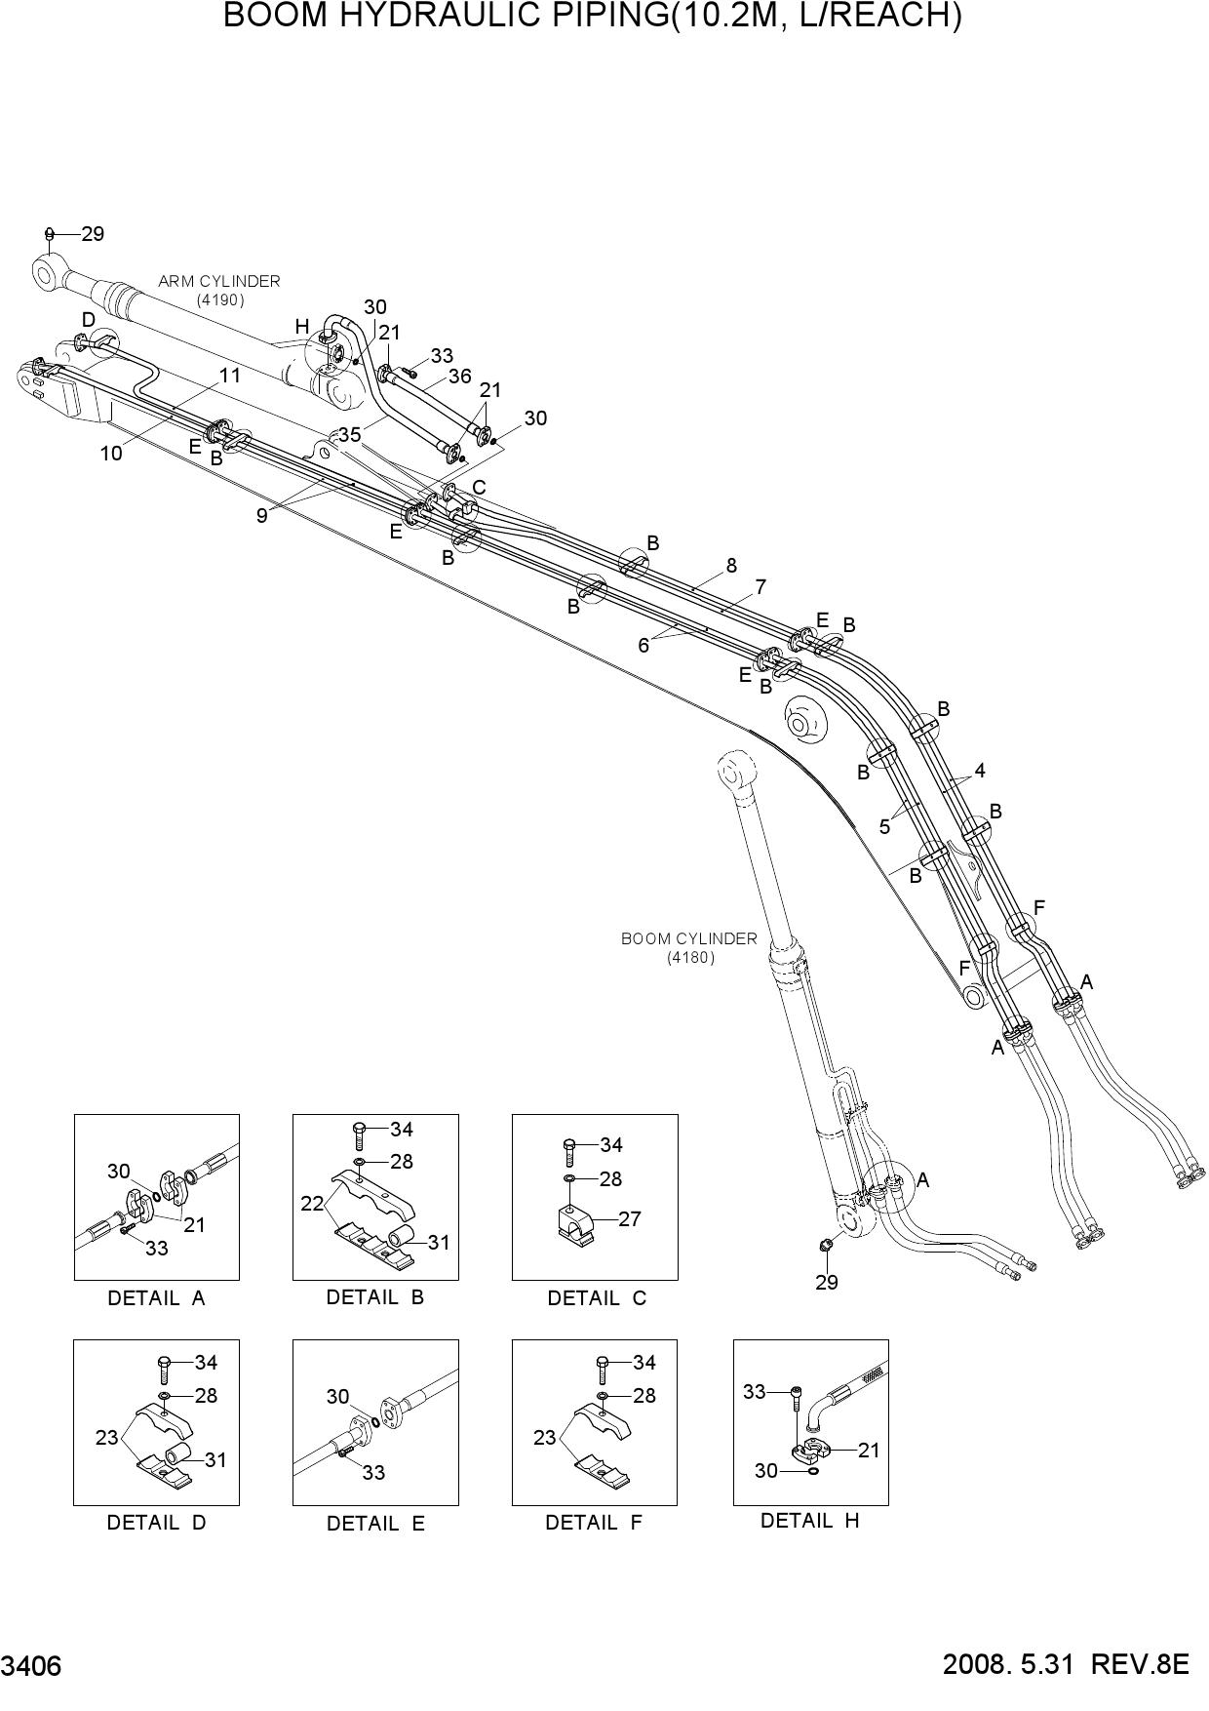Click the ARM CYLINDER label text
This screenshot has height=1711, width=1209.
coord(219,281)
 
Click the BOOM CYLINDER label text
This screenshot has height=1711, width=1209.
coord(689,938)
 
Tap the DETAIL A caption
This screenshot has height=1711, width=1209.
coord(157,1298)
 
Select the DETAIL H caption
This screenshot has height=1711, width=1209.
coord(810,1520)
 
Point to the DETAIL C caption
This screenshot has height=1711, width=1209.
coord(597,1298)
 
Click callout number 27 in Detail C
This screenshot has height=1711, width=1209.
coord(630,1218)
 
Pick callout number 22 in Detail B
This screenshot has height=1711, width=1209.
coord(312,1204)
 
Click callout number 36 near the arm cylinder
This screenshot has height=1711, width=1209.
coord(459,376)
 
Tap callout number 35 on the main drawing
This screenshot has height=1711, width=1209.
coord(350,434)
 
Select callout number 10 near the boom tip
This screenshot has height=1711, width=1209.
coord(111,453)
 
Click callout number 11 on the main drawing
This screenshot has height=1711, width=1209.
coord(229,375)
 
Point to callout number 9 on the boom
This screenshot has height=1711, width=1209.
coord(261,515)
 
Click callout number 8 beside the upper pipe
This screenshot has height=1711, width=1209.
coord(731,565)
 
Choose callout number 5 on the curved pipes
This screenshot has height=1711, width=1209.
coord(884,826)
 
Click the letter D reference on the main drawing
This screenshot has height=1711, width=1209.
coord(89,320)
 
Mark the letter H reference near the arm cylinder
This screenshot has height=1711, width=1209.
coord(302,327)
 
